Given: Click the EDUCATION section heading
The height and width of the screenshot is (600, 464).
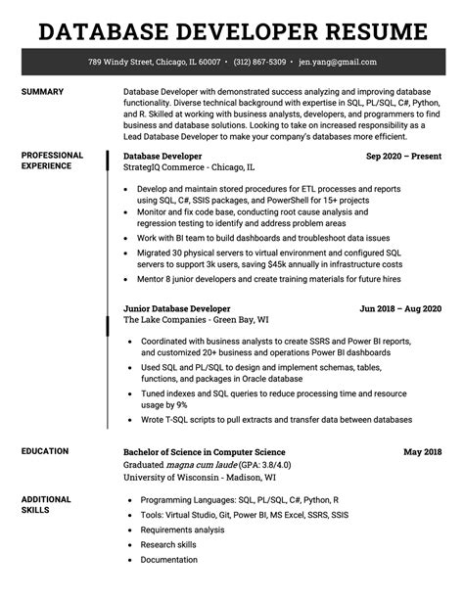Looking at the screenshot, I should pos(45,451).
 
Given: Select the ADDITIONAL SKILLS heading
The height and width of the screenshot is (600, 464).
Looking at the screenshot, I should pos(48,506).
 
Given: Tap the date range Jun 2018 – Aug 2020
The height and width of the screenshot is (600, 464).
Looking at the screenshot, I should pos(400,308).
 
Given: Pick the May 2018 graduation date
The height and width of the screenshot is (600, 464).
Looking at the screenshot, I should pos(422,452).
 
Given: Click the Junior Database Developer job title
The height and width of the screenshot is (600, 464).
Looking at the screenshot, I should pos(175,308).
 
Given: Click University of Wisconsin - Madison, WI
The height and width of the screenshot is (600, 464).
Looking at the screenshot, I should pos(200,478).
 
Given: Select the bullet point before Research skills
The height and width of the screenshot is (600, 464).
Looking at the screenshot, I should pos(131,544).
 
